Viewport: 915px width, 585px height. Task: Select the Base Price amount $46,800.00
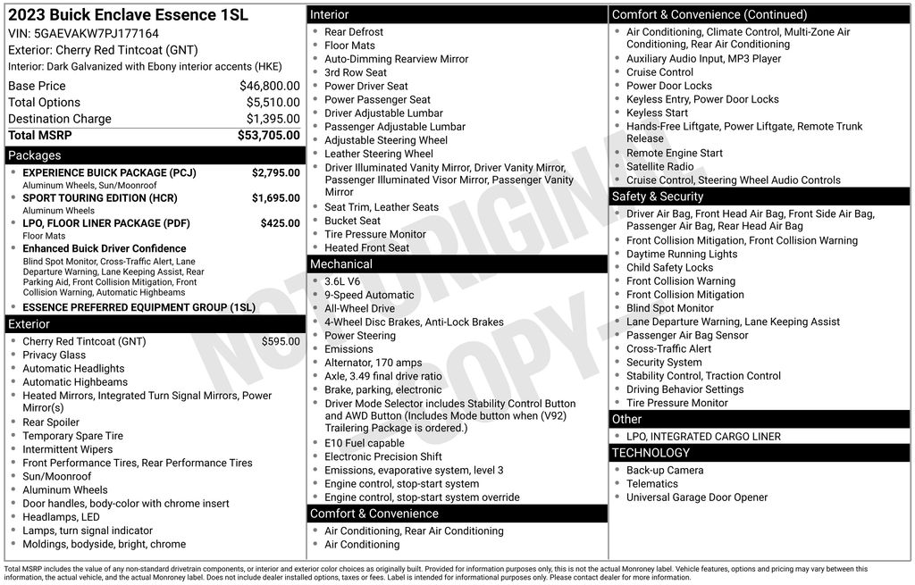point(270,86)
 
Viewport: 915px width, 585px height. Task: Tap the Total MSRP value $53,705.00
point(269,135)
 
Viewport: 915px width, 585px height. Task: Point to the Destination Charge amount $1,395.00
point(273,119)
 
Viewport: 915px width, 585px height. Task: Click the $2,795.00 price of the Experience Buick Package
point(276,172)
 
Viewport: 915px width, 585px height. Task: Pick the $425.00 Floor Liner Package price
point(281,223)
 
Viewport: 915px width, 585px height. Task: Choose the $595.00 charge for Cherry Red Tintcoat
point(281,341)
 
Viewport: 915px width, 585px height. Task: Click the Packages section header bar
point(155,155)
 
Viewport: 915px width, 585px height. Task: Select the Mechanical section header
point(457,264)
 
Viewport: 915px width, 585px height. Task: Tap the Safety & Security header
point(760,196)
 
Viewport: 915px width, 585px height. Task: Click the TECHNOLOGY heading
point(760,453)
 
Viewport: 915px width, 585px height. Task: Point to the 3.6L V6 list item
point(342,281)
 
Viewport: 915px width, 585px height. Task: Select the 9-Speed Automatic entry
point(369,295)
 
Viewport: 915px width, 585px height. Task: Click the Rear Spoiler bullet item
point(51,422)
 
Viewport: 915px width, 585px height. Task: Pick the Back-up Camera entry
point(665,471)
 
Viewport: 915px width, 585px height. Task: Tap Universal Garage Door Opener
point(697,497)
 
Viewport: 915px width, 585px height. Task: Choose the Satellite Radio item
point(659,166)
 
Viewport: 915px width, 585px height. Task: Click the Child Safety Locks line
point(669,267)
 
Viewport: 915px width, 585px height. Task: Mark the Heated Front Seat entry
point(366,247)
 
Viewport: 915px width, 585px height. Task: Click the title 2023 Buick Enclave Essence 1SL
point(128,15)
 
